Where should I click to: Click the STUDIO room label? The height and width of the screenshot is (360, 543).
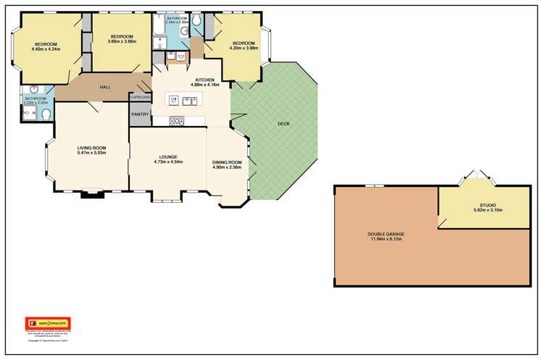477,205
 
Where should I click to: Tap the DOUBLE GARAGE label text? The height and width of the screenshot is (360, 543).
384,234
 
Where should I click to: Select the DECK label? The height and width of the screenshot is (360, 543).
283,124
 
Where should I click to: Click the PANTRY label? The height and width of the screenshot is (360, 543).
139,114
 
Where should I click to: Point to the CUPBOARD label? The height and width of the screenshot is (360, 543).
140,97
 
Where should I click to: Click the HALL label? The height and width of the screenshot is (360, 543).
105,87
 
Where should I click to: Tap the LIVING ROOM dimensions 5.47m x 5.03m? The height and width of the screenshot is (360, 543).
92,153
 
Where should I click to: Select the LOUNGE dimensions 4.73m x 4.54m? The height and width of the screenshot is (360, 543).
168,162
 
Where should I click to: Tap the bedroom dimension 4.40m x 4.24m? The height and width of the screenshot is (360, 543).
46,49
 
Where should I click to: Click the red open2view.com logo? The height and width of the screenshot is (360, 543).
47,322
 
